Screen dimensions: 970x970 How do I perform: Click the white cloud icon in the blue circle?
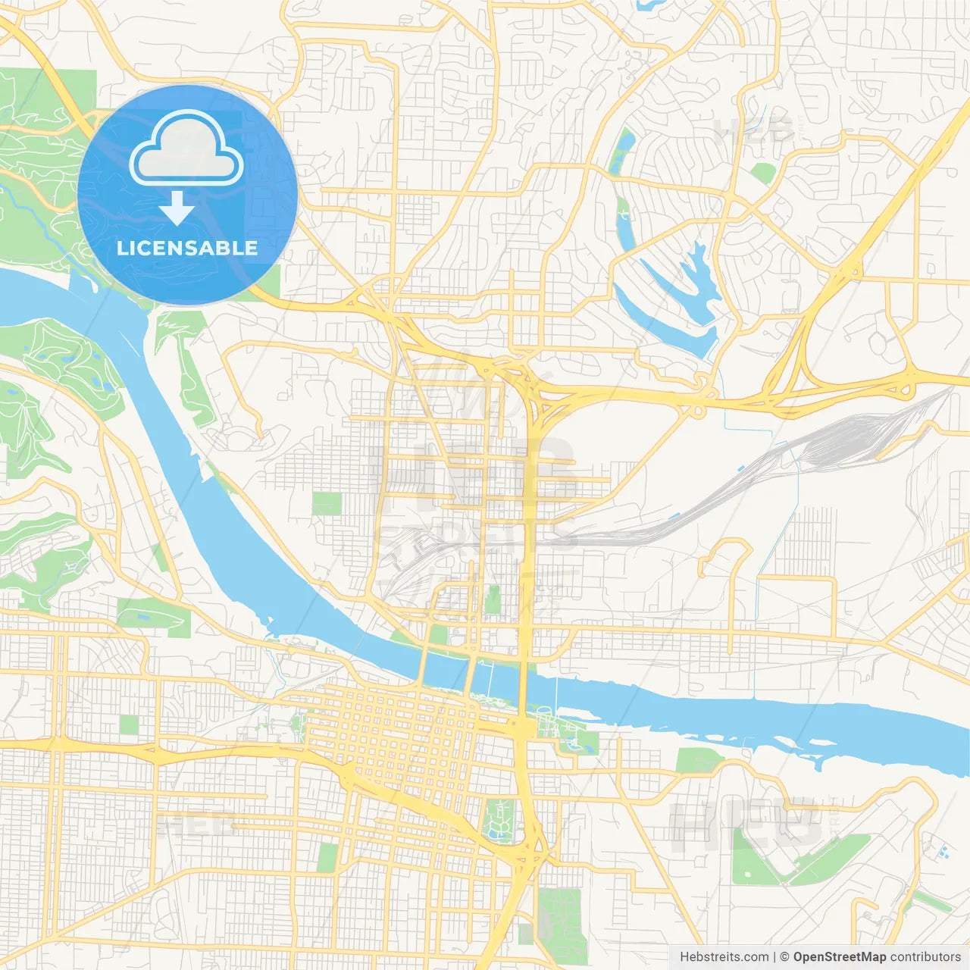[186, 149]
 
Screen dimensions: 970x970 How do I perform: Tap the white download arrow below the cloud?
[177, 209]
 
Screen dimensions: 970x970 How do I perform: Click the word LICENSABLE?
[187, 248]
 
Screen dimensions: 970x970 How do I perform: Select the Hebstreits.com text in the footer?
[724, 957]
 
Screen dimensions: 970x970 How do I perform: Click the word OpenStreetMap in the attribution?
[839, 957]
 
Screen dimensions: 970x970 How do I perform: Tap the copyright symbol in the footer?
[785, 957]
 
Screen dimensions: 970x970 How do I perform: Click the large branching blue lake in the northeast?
[686, 292]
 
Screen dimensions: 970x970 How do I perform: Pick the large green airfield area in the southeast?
[788, 856]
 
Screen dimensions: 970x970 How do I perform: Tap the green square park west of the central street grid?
[327, 503]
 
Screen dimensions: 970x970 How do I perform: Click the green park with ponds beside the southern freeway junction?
[499, 818]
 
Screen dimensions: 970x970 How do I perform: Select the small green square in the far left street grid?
[129, 724]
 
